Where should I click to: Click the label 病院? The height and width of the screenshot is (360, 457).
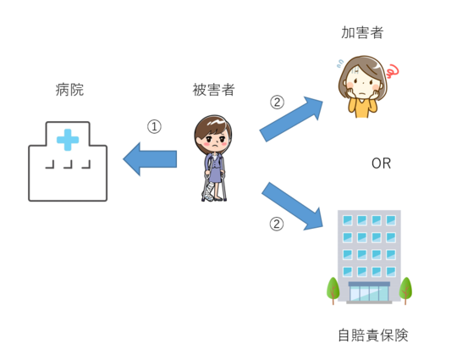pos(69,90)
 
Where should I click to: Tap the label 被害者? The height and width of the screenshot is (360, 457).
pos(213,90)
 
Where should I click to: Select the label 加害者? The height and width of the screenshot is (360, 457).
pos(362,32)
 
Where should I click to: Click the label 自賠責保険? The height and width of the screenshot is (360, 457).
pos(373,335)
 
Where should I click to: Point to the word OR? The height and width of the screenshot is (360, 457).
pos(381,163)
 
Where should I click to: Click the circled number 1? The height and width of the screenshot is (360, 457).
pos(154,126)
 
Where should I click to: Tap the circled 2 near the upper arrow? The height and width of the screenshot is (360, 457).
pos(277,102)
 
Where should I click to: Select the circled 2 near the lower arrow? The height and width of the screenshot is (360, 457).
pos(276,224)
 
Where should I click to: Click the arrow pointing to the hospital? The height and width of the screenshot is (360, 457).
pos(150,159)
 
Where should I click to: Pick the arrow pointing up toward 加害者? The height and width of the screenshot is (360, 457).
pos(291,119)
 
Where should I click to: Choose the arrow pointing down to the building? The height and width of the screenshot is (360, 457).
pos(292,206)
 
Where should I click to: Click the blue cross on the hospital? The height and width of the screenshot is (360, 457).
pos(68,140)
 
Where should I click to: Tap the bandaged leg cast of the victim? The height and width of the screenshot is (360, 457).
pos(208,192)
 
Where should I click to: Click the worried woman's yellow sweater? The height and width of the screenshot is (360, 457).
pos(362,108)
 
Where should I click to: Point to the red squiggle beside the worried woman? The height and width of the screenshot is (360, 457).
pos(393,71)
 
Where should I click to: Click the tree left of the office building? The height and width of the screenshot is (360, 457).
pos(333,291)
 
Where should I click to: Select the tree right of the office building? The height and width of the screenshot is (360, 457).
pos(405,291)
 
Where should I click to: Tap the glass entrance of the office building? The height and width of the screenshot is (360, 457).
pos(369,293)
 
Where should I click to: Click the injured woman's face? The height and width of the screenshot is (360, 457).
pos(214,140)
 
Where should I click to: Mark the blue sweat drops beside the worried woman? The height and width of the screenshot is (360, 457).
pos(340,64)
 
